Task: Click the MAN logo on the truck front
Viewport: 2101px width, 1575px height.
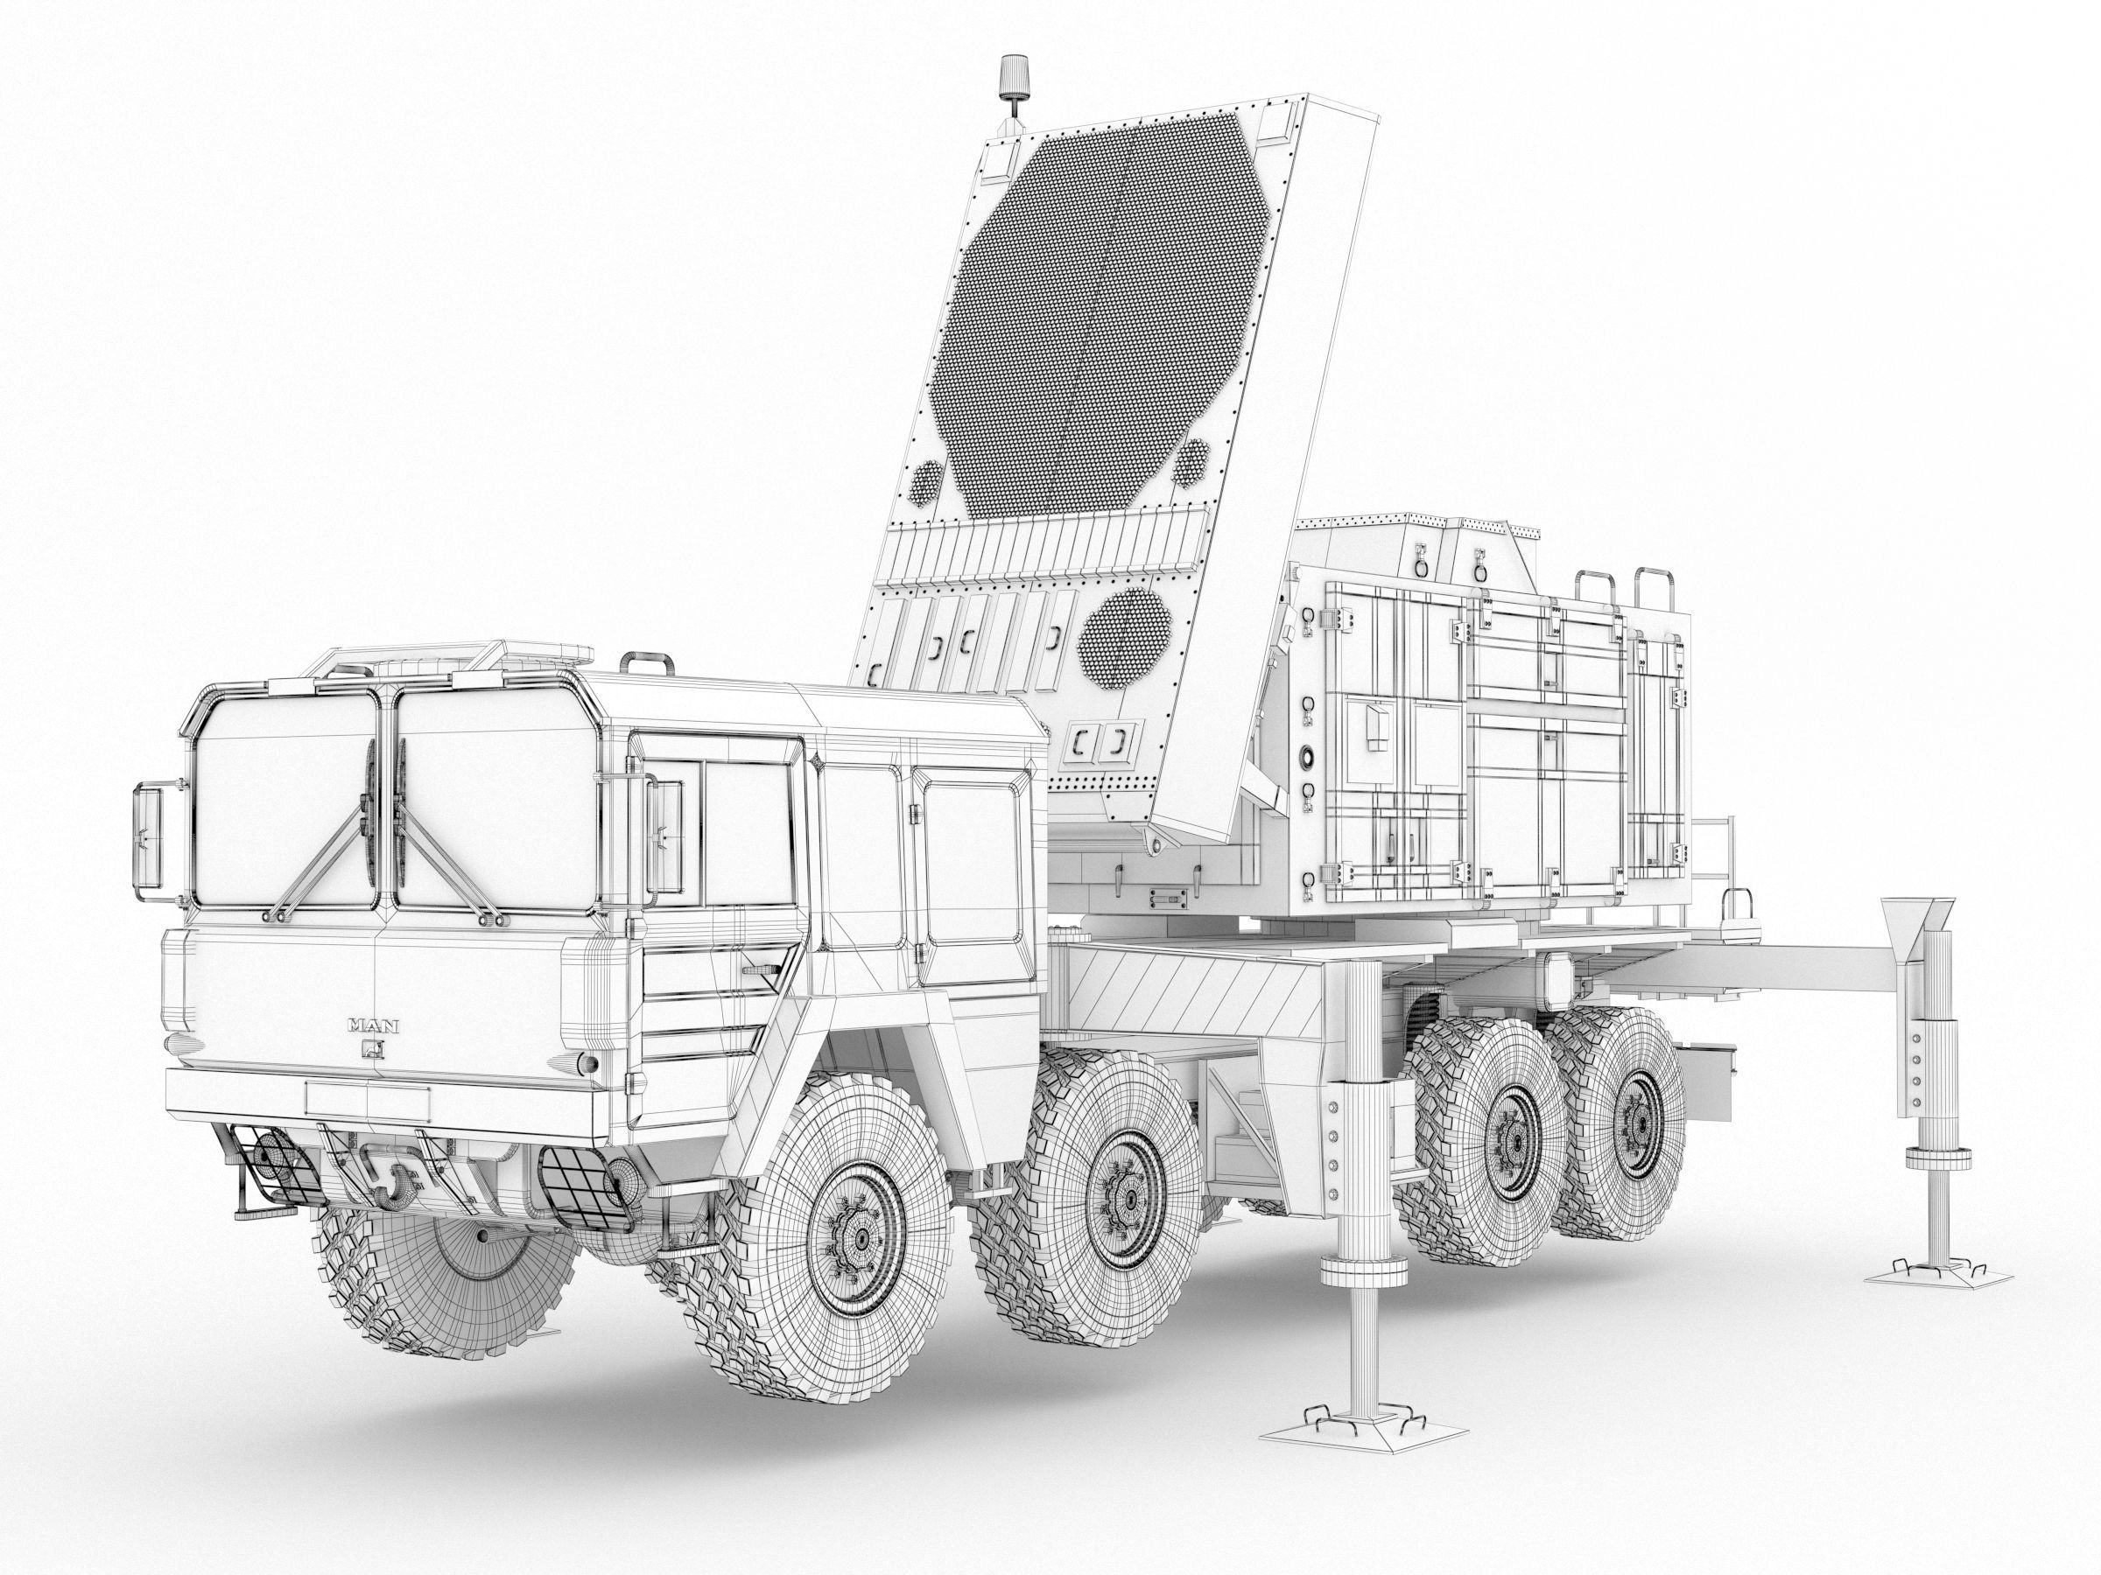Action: point(373,1025)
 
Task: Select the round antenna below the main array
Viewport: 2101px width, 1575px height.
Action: point(1127,637)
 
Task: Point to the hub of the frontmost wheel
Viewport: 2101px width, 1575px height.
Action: point(861,1240)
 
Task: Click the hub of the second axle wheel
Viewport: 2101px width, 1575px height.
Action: point(1129,1199)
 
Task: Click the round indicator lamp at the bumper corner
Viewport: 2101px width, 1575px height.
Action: point(589,1062)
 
